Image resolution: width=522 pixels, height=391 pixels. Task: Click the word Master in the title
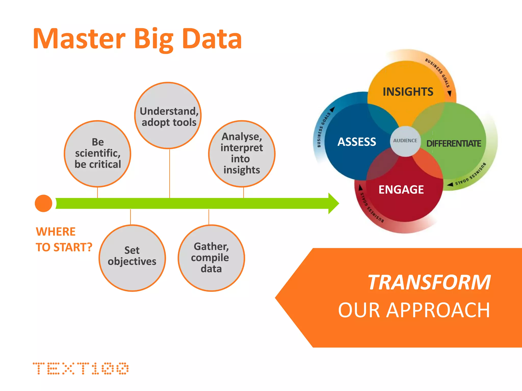(79, 39)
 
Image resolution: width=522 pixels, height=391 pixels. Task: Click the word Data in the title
(212, 39)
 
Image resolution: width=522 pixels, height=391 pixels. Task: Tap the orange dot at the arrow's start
(44, 203)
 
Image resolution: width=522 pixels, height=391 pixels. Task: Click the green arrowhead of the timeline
(333, 203)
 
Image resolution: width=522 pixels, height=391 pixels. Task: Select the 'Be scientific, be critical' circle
(98, 153)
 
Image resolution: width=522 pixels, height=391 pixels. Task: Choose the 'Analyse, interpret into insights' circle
(242, 153)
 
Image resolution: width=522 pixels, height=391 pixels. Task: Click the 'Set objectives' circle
(132, 258)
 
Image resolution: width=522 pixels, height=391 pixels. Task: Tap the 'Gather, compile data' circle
(211, 258)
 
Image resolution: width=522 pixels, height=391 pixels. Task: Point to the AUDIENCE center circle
(405, 141)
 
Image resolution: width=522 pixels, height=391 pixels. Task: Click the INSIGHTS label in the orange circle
(408, 92)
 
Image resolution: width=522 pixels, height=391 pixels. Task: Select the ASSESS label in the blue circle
(357, 142)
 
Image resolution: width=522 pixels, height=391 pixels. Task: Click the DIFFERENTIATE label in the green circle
(454, 144)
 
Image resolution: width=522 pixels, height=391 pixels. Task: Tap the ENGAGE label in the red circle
(401, 190)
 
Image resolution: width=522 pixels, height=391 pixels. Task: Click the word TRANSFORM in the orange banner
(429, 282)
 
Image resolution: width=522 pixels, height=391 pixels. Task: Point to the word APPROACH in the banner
(438, 310)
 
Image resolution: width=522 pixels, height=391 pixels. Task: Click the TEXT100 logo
(81, 368)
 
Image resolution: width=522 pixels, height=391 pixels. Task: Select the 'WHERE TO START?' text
(64, 240)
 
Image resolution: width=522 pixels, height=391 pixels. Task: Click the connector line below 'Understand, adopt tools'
(169, 173)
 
